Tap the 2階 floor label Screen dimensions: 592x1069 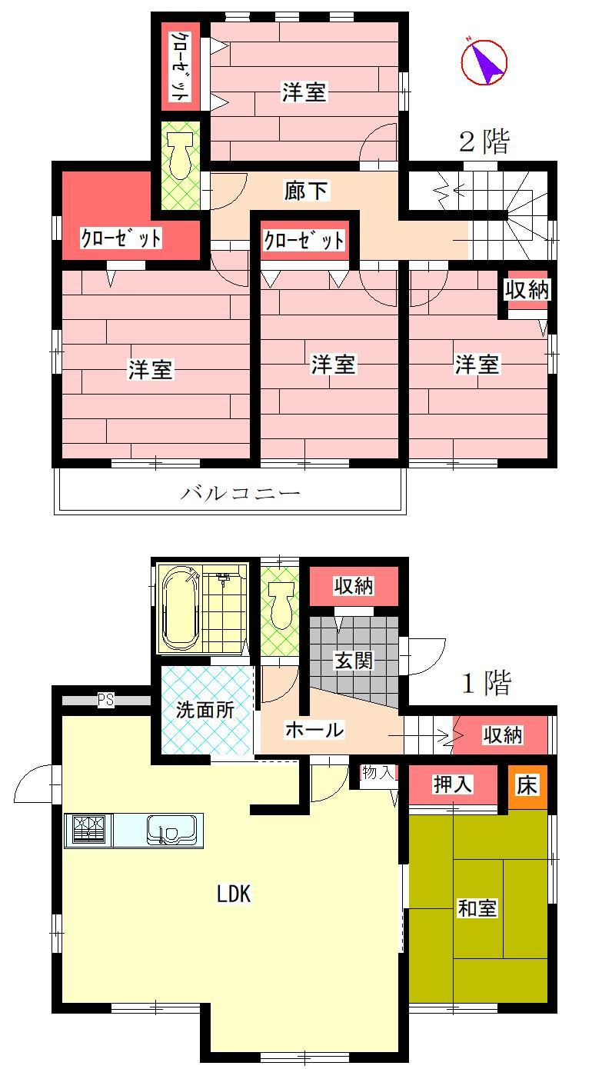[x=484, y=142]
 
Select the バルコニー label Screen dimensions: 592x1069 [x=240, y=493]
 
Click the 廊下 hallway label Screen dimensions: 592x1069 [x=306, y=191]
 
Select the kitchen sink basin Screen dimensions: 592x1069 [x=171, y=830]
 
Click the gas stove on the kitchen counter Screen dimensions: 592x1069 [x=88, y=831]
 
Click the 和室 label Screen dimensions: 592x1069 [x=477, y=907]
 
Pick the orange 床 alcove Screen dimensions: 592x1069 [x=527, y=786]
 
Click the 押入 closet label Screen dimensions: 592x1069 [x=453, y=784]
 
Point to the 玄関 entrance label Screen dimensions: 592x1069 [x=354, y=661]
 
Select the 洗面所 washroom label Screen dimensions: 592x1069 [x=205, y=710]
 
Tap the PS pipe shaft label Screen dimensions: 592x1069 [x=106, y=700]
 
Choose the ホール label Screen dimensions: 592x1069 [x=314, y=730]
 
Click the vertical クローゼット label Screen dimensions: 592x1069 [x=180, y=66]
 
